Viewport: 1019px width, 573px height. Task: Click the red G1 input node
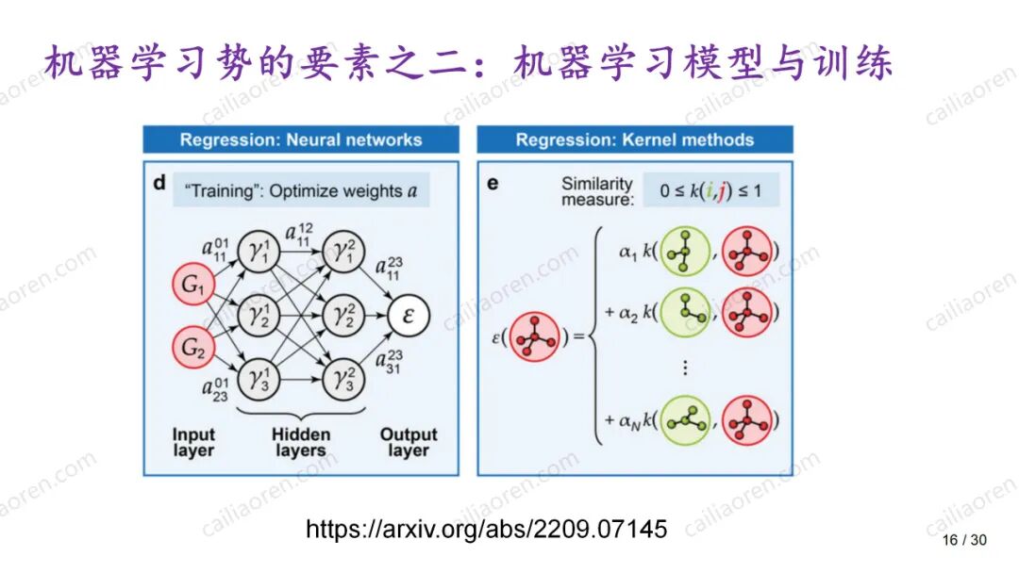tap(193, 286)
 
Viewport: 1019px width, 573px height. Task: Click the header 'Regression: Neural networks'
tap(301, 139)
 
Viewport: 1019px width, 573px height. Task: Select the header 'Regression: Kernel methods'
tap(634, 139)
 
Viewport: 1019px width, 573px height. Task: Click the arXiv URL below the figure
tap(486, 529)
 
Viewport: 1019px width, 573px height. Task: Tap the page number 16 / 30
tap(963, 540)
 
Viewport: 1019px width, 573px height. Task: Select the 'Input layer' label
tap(193, 442)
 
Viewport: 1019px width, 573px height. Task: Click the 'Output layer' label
tap(409, 442)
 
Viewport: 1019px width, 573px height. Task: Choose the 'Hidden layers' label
tap(301, 442)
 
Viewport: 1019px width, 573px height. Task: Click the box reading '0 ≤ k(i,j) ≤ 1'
tap(711, 191)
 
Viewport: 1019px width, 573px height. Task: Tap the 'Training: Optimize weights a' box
tap(301, 190)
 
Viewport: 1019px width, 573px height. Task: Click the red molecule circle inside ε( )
tap(535, 336)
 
